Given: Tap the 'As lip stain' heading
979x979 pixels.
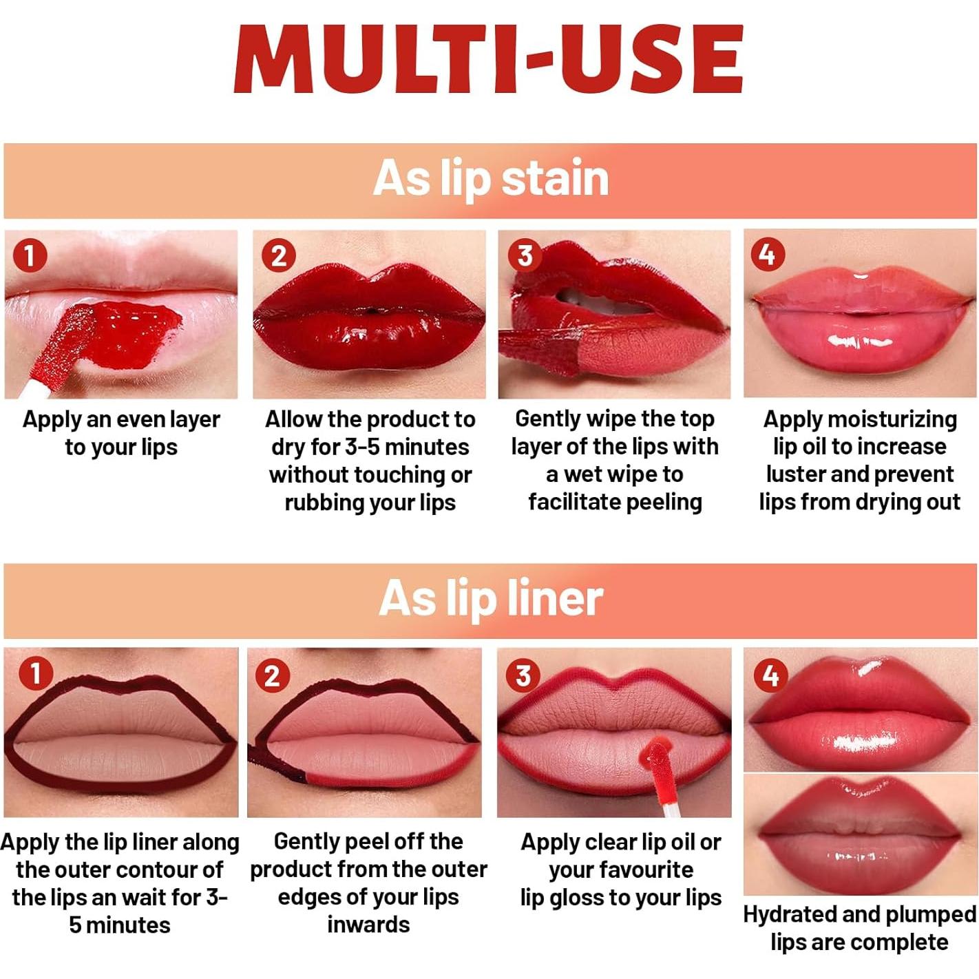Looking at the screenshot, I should [490, 179].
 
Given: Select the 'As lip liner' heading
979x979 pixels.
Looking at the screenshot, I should [490, 598].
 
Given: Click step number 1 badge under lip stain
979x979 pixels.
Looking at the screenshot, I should [30, 255].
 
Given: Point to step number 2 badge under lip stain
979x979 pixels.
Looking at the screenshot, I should [278, 256].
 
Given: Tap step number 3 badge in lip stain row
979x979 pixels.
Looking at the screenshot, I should [525, 255].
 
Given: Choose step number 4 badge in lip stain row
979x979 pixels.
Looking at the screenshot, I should [768, 255].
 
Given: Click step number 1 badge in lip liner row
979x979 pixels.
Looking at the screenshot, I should [35, 673].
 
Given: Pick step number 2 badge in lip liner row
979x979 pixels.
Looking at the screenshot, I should [272, 675].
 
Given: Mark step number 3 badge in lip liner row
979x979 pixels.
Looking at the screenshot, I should [523, 675].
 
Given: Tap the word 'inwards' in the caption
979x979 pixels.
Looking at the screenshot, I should [368, 924].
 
